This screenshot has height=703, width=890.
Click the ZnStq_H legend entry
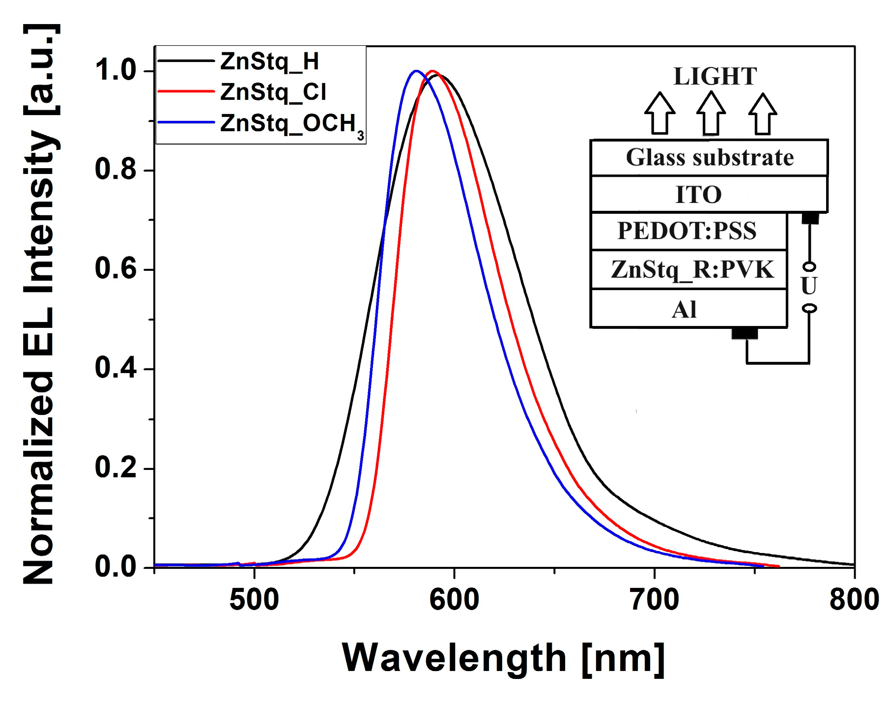269,61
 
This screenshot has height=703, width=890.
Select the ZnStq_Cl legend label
273,92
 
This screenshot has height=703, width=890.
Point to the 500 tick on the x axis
254,600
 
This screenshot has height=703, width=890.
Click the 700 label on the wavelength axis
655,600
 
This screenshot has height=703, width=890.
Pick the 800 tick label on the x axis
854,600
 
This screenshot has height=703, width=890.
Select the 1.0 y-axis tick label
115,70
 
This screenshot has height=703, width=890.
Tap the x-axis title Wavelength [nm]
503,658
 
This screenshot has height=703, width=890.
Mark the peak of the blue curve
416,71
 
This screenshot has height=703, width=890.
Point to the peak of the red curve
432,71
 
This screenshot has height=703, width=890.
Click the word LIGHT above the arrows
715,77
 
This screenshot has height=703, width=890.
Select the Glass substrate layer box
709,158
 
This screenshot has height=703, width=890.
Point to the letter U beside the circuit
808,286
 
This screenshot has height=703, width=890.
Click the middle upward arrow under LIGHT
711,114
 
